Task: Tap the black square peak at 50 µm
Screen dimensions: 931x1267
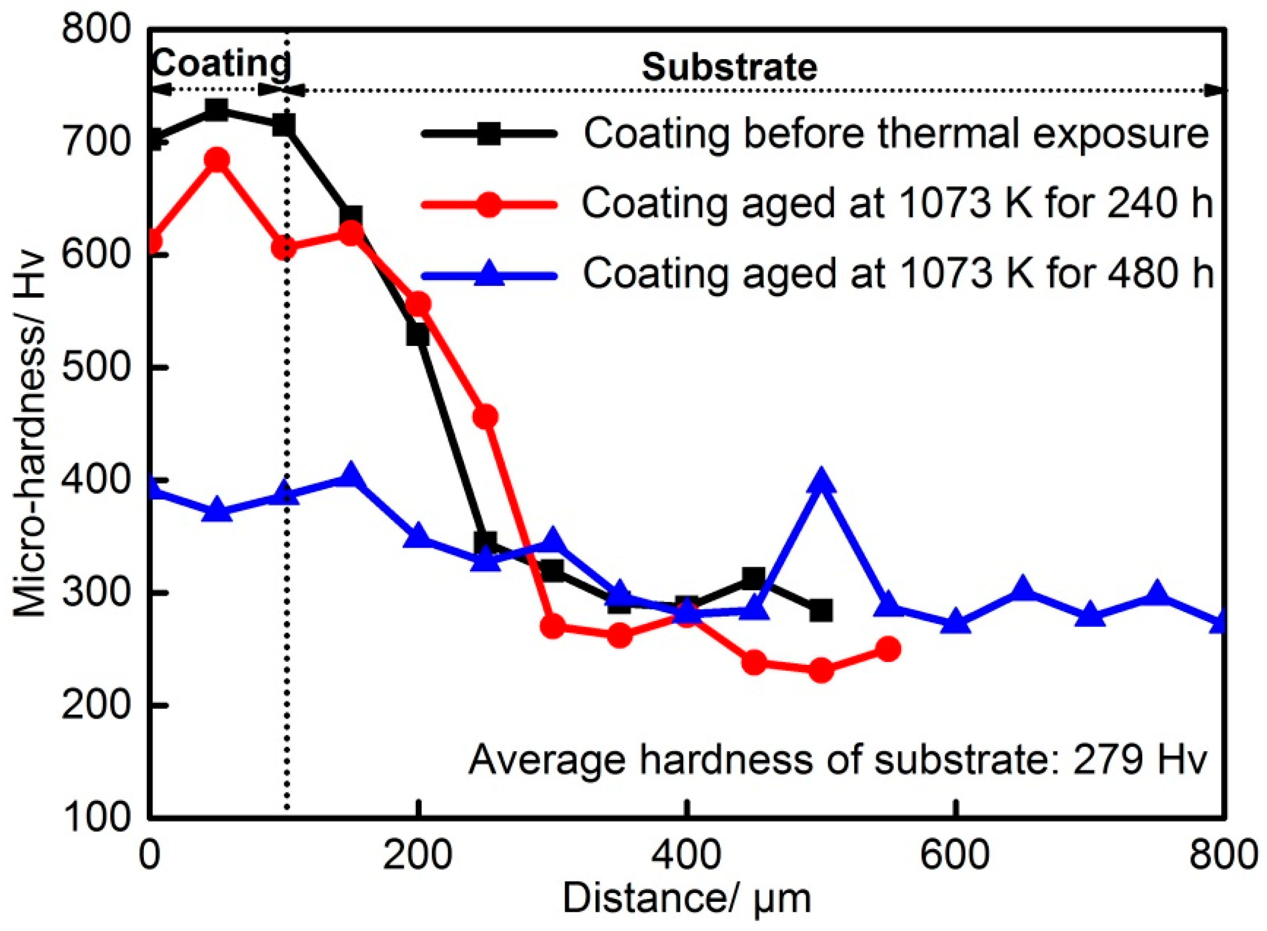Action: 217,109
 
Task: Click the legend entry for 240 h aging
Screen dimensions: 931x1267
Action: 896,204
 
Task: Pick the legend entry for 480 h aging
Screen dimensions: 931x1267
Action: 896,275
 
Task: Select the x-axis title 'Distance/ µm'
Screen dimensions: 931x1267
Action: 686,899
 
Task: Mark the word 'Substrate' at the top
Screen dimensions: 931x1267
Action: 729,68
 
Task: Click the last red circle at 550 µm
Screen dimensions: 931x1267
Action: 888,649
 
